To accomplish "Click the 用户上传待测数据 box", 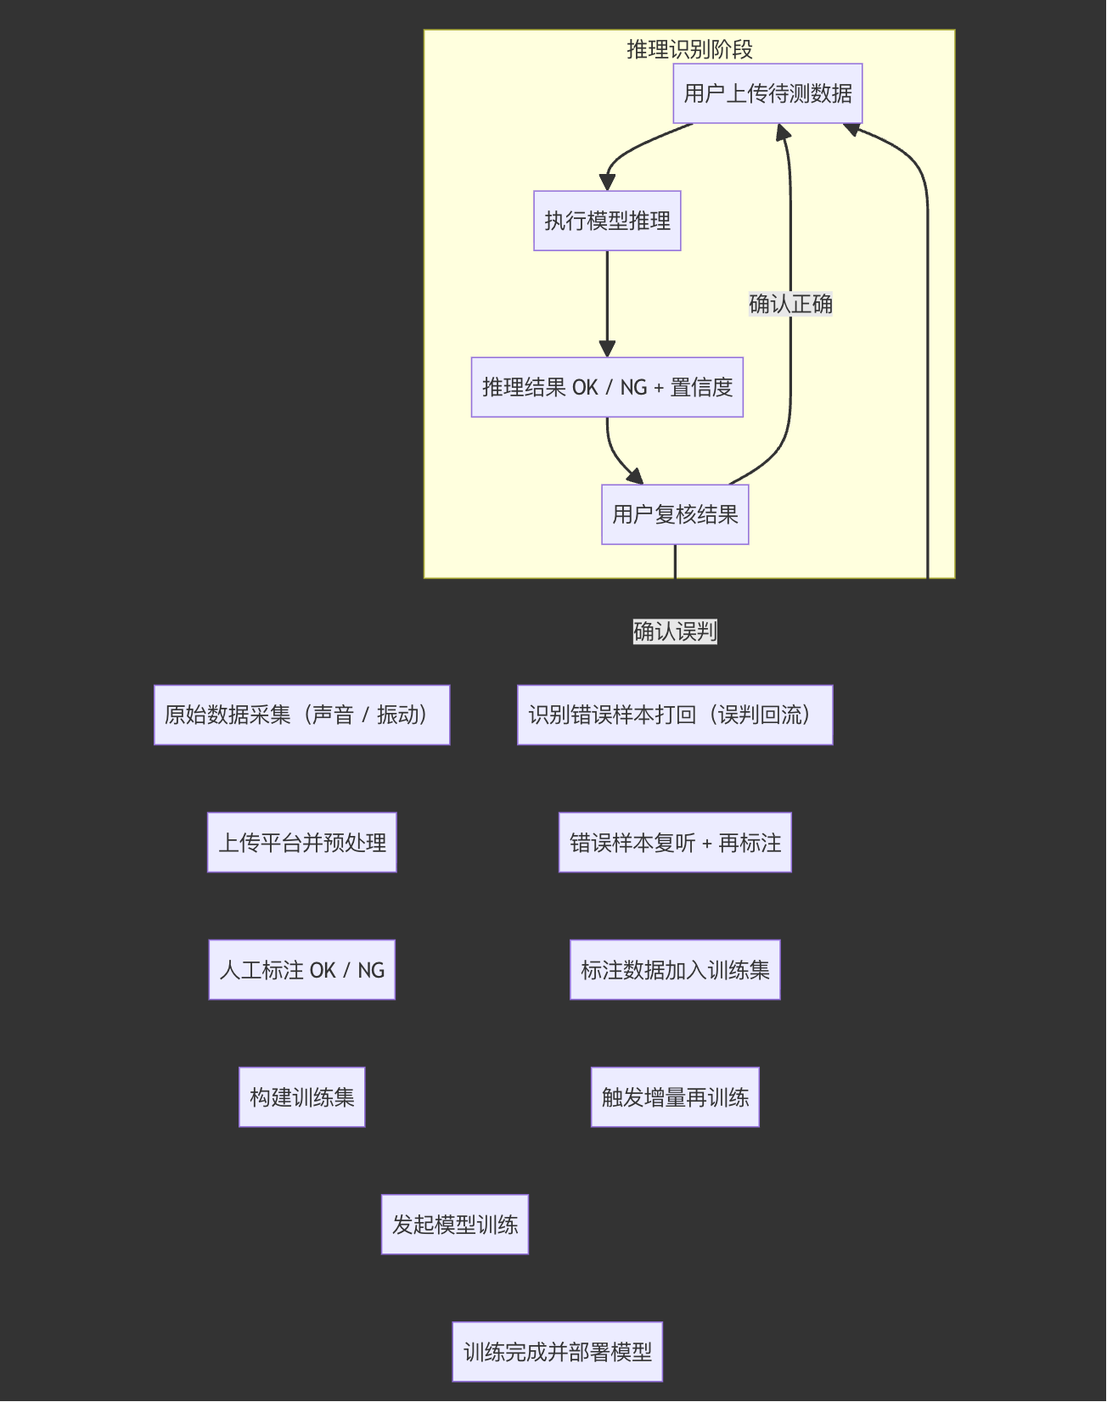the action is coord(767,93).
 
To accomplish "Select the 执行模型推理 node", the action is coord(607,221).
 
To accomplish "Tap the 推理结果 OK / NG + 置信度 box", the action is coord(607,387).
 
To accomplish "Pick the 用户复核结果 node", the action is coord(675,514).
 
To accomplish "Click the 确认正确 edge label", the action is coord(790,304).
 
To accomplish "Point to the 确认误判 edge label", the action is coord(675,631).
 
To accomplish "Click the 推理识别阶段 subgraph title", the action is coord(689,49).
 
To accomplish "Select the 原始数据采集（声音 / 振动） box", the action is coord(301,715).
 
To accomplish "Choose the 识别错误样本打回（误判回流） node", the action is coord(675,715).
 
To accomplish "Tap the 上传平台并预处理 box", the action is coord(301,843).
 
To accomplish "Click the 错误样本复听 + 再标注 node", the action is coord(675,843).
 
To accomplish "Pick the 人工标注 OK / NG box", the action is coord(301,970).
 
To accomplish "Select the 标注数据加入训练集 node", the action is coord(675,970).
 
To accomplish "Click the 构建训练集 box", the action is coord(301,1097).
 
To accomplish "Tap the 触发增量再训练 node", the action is coord(675,1097).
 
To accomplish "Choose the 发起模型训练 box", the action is coord(454,1225).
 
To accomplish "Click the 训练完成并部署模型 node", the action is coord(557,1352).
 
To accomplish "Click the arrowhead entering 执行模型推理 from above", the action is coord(607,182).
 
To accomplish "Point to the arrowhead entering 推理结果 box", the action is coord(607,349).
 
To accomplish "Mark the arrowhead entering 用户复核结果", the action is coord(635,476).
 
